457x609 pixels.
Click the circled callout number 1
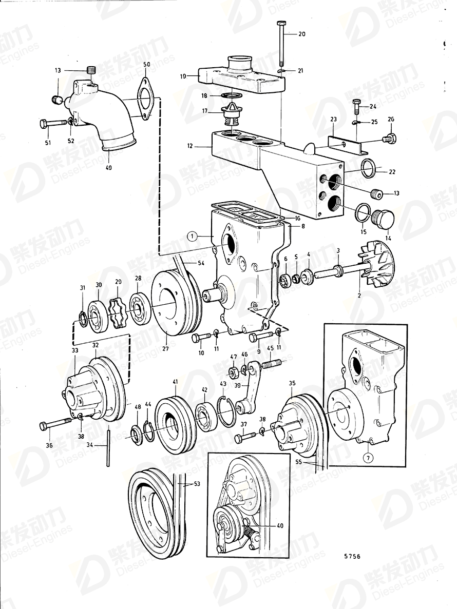tap(192, 236)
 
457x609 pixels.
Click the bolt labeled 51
tap(53, 123)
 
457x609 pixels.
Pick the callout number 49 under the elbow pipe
tap(108, 167)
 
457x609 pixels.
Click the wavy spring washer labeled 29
tap(117, 311)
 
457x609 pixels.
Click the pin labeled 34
tap(108, 448)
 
